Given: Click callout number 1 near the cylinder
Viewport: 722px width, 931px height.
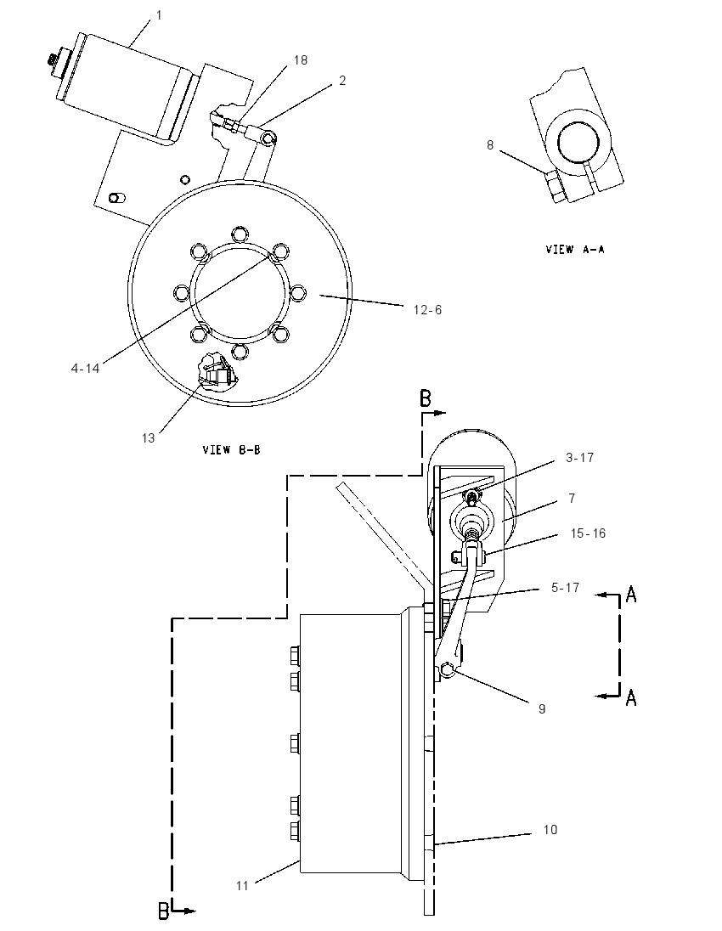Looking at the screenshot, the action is [159, 15].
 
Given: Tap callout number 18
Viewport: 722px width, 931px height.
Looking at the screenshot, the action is [301, 60].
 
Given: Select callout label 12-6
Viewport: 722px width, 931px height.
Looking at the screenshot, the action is [427, 310].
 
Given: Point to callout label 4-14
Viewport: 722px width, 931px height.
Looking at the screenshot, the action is [86, 369].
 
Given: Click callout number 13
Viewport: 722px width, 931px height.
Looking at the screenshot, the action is [148, 438].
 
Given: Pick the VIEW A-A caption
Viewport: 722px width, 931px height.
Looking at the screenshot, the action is [575, 250].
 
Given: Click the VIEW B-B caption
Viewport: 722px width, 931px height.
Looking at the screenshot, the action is [232, 450].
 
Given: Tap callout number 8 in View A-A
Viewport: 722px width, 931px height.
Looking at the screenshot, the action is [490, 145].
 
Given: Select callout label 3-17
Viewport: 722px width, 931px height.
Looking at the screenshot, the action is [579, 458].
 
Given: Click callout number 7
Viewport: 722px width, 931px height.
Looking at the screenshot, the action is [572, 498].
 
